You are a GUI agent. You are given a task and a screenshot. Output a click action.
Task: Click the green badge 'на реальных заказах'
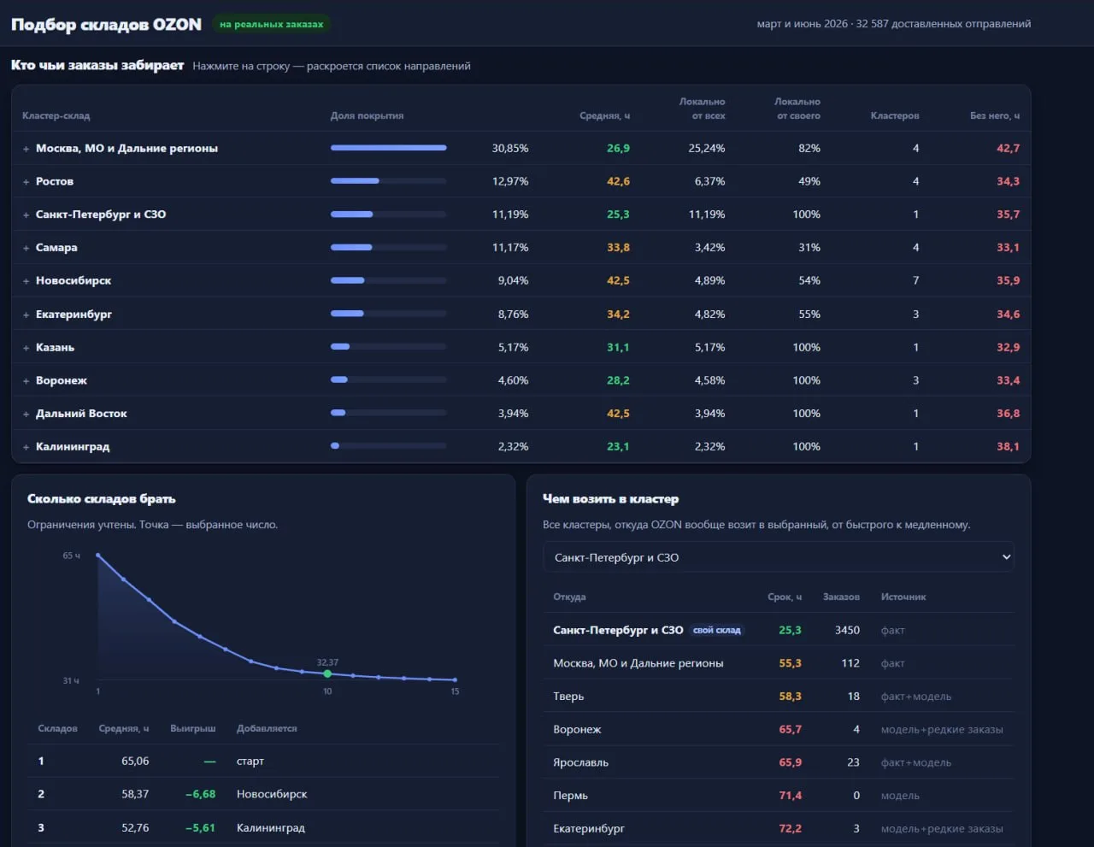point(271,24)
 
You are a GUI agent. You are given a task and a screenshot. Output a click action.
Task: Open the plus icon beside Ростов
point(26,182)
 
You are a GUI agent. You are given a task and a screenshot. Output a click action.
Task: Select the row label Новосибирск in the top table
point(74,280)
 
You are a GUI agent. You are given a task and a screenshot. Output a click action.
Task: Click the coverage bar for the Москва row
point(388,148)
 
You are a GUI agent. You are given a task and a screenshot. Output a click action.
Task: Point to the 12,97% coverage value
point(510,181)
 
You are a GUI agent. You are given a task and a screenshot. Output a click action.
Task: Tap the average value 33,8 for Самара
point(618,247)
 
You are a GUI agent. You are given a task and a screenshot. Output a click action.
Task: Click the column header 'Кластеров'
point(895,115)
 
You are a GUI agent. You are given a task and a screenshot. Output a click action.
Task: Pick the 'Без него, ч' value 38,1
point(1008,446)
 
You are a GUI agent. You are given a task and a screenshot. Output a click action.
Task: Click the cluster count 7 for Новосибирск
point(915,280)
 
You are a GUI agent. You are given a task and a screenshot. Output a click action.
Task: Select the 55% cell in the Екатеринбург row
point(809,314)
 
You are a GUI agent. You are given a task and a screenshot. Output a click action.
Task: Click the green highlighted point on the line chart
point(327,673)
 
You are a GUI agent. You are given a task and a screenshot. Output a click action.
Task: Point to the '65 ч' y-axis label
point(71,556)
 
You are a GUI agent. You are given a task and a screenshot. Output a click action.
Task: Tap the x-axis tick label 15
point(455,691)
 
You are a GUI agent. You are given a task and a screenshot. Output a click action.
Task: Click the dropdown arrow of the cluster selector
point(1006,557)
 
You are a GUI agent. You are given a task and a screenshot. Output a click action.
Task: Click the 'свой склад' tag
point(717,630)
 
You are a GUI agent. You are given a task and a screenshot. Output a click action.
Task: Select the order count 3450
point(847,630)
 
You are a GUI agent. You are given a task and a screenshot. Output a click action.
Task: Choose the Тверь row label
point(568,696)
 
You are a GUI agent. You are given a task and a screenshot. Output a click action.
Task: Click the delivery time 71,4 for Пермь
point(790,795)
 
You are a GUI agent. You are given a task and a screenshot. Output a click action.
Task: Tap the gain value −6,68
point(200,794)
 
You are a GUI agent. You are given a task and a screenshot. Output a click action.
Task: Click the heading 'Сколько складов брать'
point(101,499)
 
